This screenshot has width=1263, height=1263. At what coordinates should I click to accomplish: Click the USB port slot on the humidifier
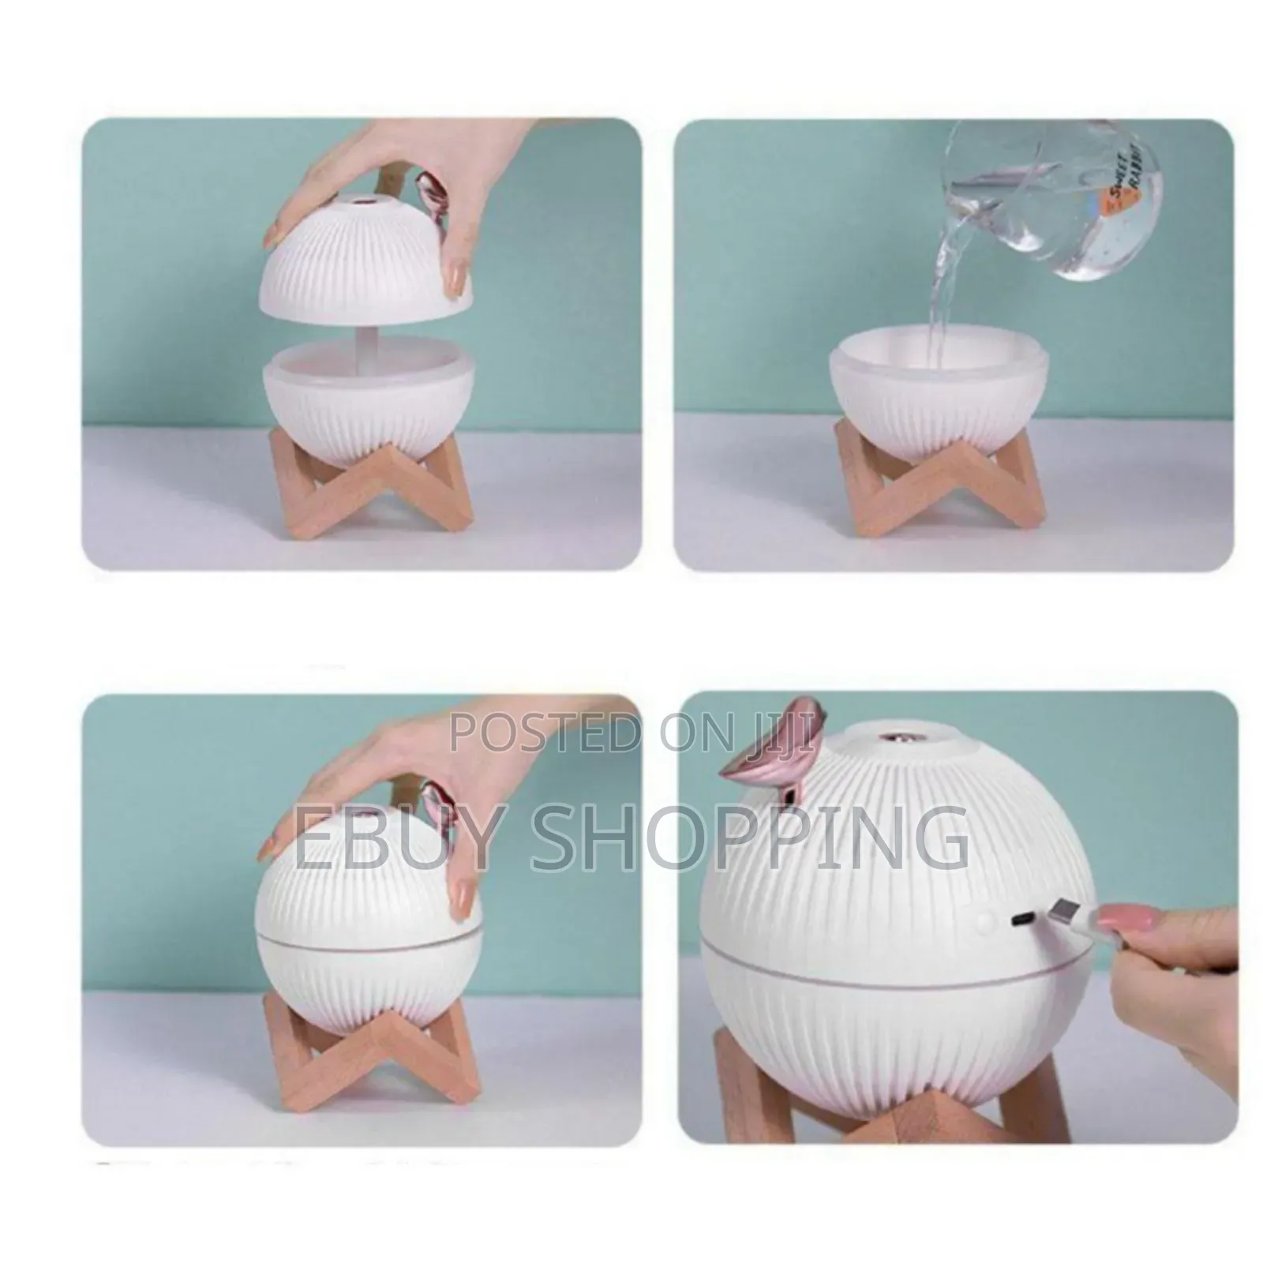tap(1021, 920)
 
